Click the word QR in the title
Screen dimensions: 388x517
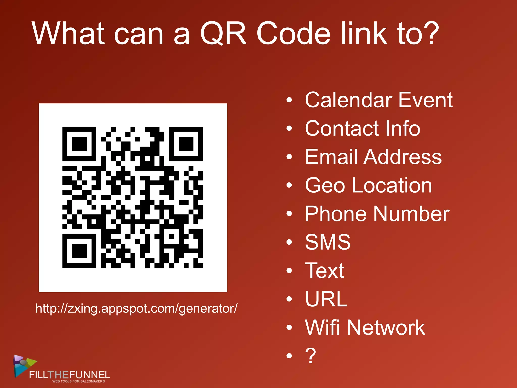(223, 33)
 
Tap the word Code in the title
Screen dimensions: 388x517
(293, 33)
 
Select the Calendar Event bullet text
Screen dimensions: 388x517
(379, 100)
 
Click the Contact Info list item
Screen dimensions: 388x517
(363, 128)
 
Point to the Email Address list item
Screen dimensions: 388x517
(373, 157)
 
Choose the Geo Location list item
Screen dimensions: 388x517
(369, 185)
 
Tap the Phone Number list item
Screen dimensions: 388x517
(377, 214)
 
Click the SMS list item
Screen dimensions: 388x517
(328, 242)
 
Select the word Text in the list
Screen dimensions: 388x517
(324, 271)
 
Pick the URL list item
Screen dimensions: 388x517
(326, 299)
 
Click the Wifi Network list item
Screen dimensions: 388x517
(365, 328)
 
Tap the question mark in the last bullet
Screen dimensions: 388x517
(311, 356)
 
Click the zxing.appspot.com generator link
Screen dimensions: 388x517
(136, 309)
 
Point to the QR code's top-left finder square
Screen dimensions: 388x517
(79, 144)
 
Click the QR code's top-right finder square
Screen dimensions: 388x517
(186, 144)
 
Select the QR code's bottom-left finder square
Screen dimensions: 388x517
(79, 251)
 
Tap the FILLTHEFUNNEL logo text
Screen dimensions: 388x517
(69, 374)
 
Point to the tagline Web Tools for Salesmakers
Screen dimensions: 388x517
(78, 381)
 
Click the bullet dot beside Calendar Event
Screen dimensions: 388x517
(289, 100)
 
